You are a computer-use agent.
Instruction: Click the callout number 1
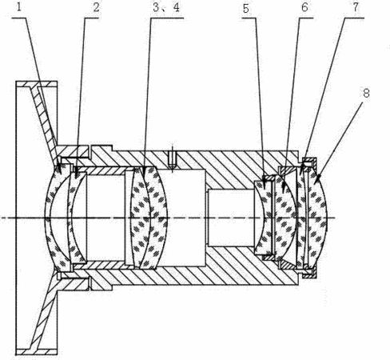pos(18,7)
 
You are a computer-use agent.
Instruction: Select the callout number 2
pos(96,7)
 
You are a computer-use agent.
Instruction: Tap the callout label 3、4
pos(166,7)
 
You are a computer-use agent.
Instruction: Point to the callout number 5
pos(246,9)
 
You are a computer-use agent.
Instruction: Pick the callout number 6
pos(304,7)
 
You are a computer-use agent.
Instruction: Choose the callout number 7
pos(356,7)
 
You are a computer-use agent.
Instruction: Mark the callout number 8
pos(367,94)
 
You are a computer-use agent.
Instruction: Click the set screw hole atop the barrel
pos(173,158)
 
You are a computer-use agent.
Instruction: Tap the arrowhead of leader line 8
pos(316,181)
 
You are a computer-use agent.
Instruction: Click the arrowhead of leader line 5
pos(264,186)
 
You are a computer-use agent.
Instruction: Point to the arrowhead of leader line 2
pos(76,174)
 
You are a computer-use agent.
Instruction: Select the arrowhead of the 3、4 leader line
pos(144,174)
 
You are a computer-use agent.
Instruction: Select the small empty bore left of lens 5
pos(230,218)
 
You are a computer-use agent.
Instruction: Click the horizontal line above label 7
pos(354,18)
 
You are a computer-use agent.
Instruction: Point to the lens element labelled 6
pos(285,218)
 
